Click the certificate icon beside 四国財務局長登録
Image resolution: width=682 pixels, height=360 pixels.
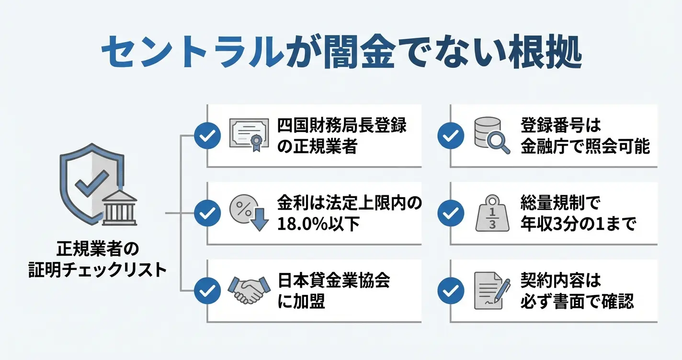(248, 135)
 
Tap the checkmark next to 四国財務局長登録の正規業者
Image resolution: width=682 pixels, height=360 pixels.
(207, 135)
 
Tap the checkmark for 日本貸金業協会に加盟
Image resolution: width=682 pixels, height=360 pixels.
(207, 291)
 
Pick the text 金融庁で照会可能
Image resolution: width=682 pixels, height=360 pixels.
(585, 146)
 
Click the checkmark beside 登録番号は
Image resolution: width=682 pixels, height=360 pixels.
(450, 135)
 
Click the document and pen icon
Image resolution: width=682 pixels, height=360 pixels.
(490, 291)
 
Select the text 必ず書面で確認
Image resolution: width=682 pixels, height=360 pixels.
(577, 301)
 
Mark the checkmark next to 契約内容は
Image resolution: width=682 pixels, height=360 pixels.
(450, 291)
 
